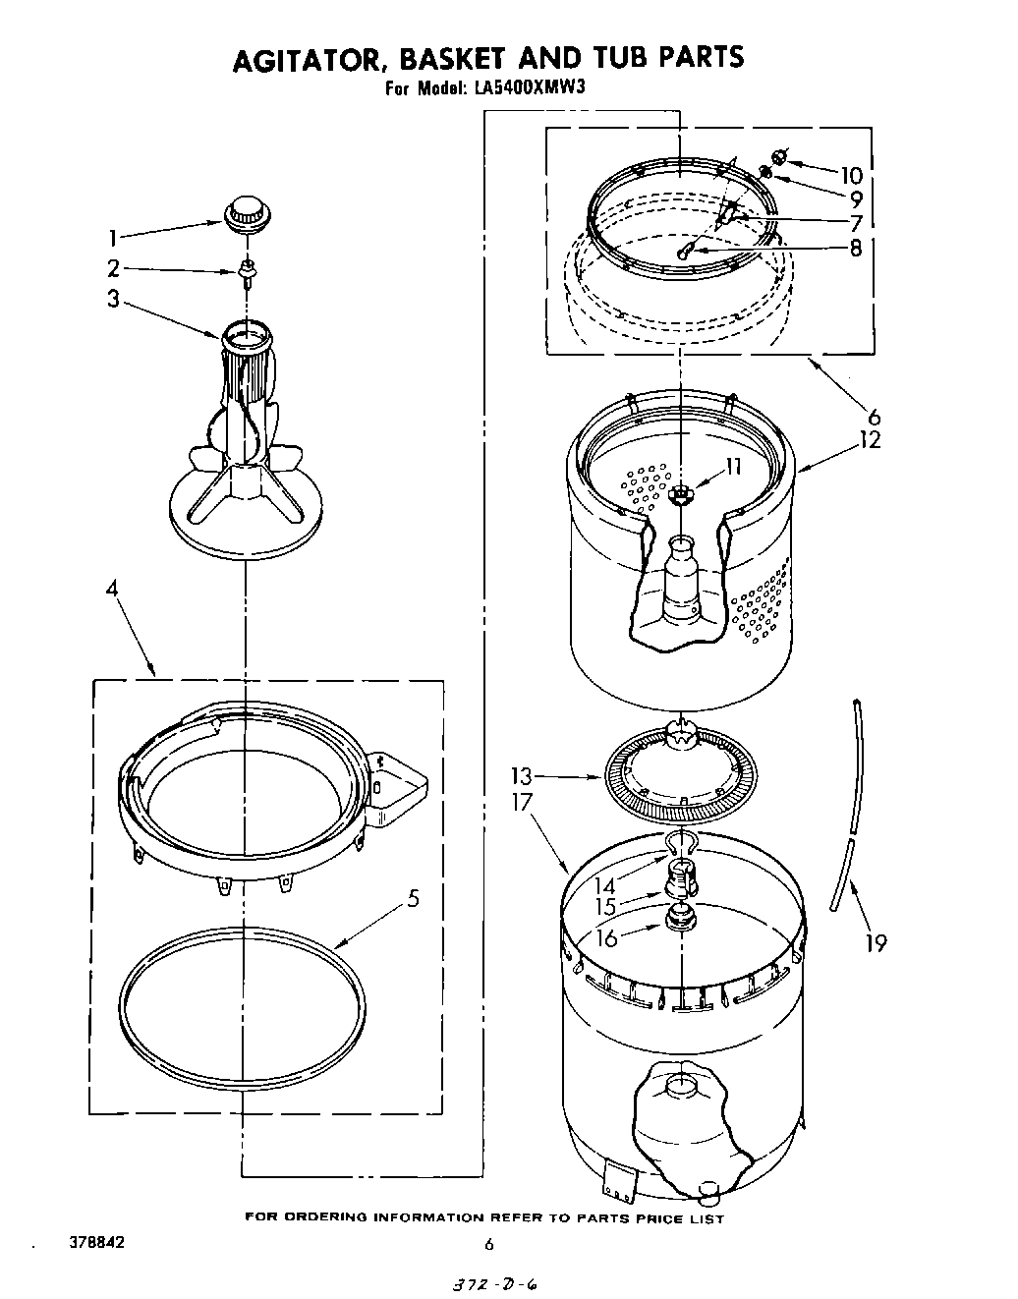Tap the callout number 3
coord(113,299)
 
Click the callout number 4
coord(112,590)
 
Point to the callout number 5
coord(414,898)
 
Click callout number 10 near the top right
coord(850,176)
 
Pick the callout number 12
coord(870,439)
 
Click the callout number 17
coord(521,802)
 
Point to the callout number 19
coord(875,943)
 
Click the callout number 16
coord(606,937)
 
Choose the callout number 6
coord(875,416)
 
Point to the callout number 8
coord(855,249)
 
